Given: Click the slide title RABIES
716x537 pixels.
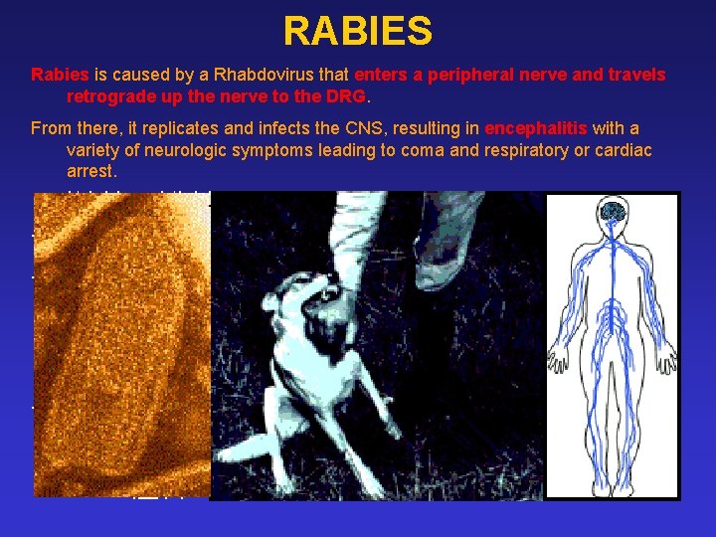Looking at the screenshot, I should tap(357, 31).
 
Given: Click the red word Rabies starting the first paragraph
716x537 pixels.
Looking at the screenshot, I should tap(60, 75).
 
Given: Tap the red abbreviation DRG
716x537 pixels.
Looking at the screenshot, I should tap(347, 96).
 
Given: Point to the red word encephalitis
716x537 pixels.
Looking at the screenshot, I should tap(536, 129).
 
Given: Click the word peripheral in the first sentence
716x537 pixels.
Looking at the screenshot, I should tap(456, 75).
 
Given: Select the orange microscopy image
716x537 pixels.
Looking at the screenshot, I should tap(121, 343).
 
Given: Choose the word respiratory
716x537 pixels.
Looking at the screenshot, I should tap(504, 150).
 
